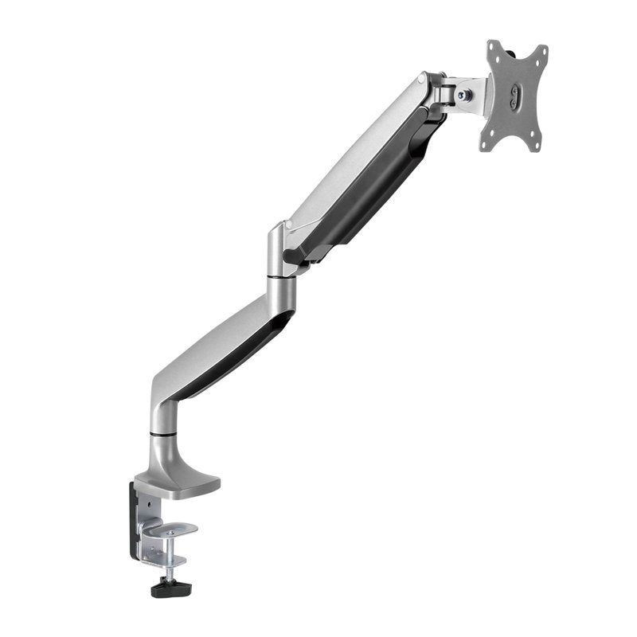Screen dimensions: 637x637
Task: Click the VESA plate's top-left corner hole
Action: tap(498, 55)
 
